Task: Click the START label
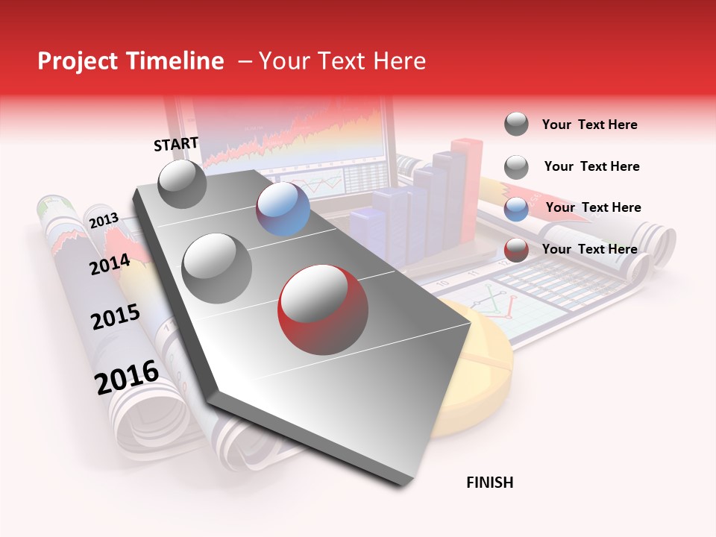click(x=176, y=144)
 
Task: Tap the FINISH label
click(x=489, y=483)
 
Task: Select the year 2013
click(x=104, y=221)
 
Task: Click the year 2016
click(x=127, y=377)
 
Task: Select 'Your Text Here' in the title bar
click(x=342, y=61)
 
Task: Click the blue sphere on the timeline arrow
click(x=283, y=209)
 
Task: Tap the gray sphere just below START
click(x=183, y=184)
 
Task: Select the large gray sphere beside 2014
click(x=217, y=268)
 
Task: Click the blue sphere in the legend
click(x=516, y=209)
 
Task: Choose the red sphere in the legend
click(x=516, y=250)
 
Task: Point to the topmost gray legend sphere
click(x=516, y=124)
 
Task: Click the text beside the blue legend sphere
click(x=593, y=207)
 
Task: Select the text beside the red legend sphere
click(x=589, y=249)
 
